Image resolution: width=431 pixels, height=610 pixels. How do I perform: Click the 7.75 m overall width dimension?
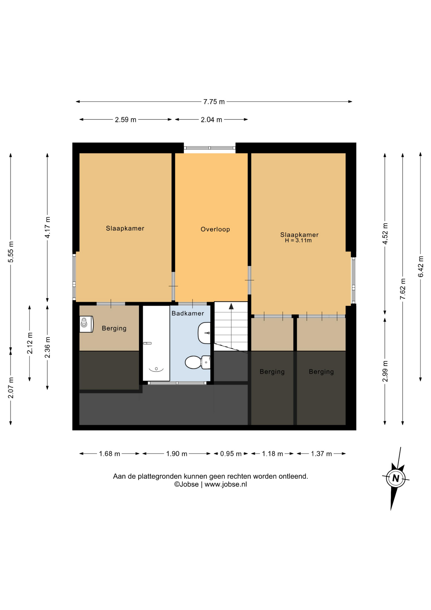coord(214,102)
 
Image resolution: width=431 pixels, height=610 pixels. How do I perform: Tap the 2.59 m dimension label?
coord(125,120)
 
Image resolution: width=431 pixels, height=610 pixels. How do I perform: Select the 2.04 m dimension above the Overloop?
coord(211,120)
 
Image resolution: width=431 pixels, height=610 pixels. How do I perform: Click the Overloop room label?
coord(215,229)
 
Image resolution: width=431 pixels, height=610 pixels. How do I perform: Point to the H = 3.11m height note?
coord(298,241)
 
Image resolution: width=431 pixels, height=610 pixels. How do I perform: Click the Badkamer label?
coord(188,313)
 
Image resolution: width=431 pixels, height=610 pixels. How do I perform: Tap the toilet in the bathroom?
coord(197,362)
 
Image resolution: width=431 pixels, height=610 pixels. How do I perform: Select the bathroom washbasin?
coord(204,333)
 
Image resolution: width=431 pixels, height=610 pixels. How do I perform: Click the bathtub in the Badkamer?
coord(156,343)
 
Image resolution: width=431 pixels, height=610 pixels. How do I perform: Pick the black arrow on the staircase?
coord(231,306)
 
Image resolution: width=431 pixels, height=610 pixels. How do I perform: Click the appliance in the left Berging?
coord(86,324)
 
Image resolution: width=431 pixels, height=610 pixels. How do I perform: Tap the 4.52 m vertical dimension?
coord(385,234)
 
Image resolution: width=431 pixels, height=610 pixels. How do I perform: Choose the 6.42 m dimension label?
coord(421,266)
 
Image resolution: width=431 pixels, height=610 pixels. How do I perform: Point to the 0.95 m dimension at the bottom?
coord(231,454)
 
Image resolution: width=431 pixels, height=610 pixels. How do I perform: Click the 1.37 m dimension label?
coord(321,454)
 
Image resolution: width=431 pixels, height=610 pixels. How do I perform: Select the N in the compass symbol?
coord(395,478)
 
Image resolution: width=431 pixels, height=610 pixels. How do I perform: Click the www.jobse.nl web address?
coord(226,484)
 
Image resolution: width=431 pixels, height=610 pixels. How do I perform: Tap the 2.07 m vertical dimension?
coord(10,388)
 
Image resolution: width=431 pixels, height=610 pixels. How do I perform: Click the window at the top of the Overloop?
coord(209,148)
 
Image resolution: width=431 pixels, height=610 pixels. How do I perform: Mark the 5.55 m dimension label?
coord(10,252)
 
